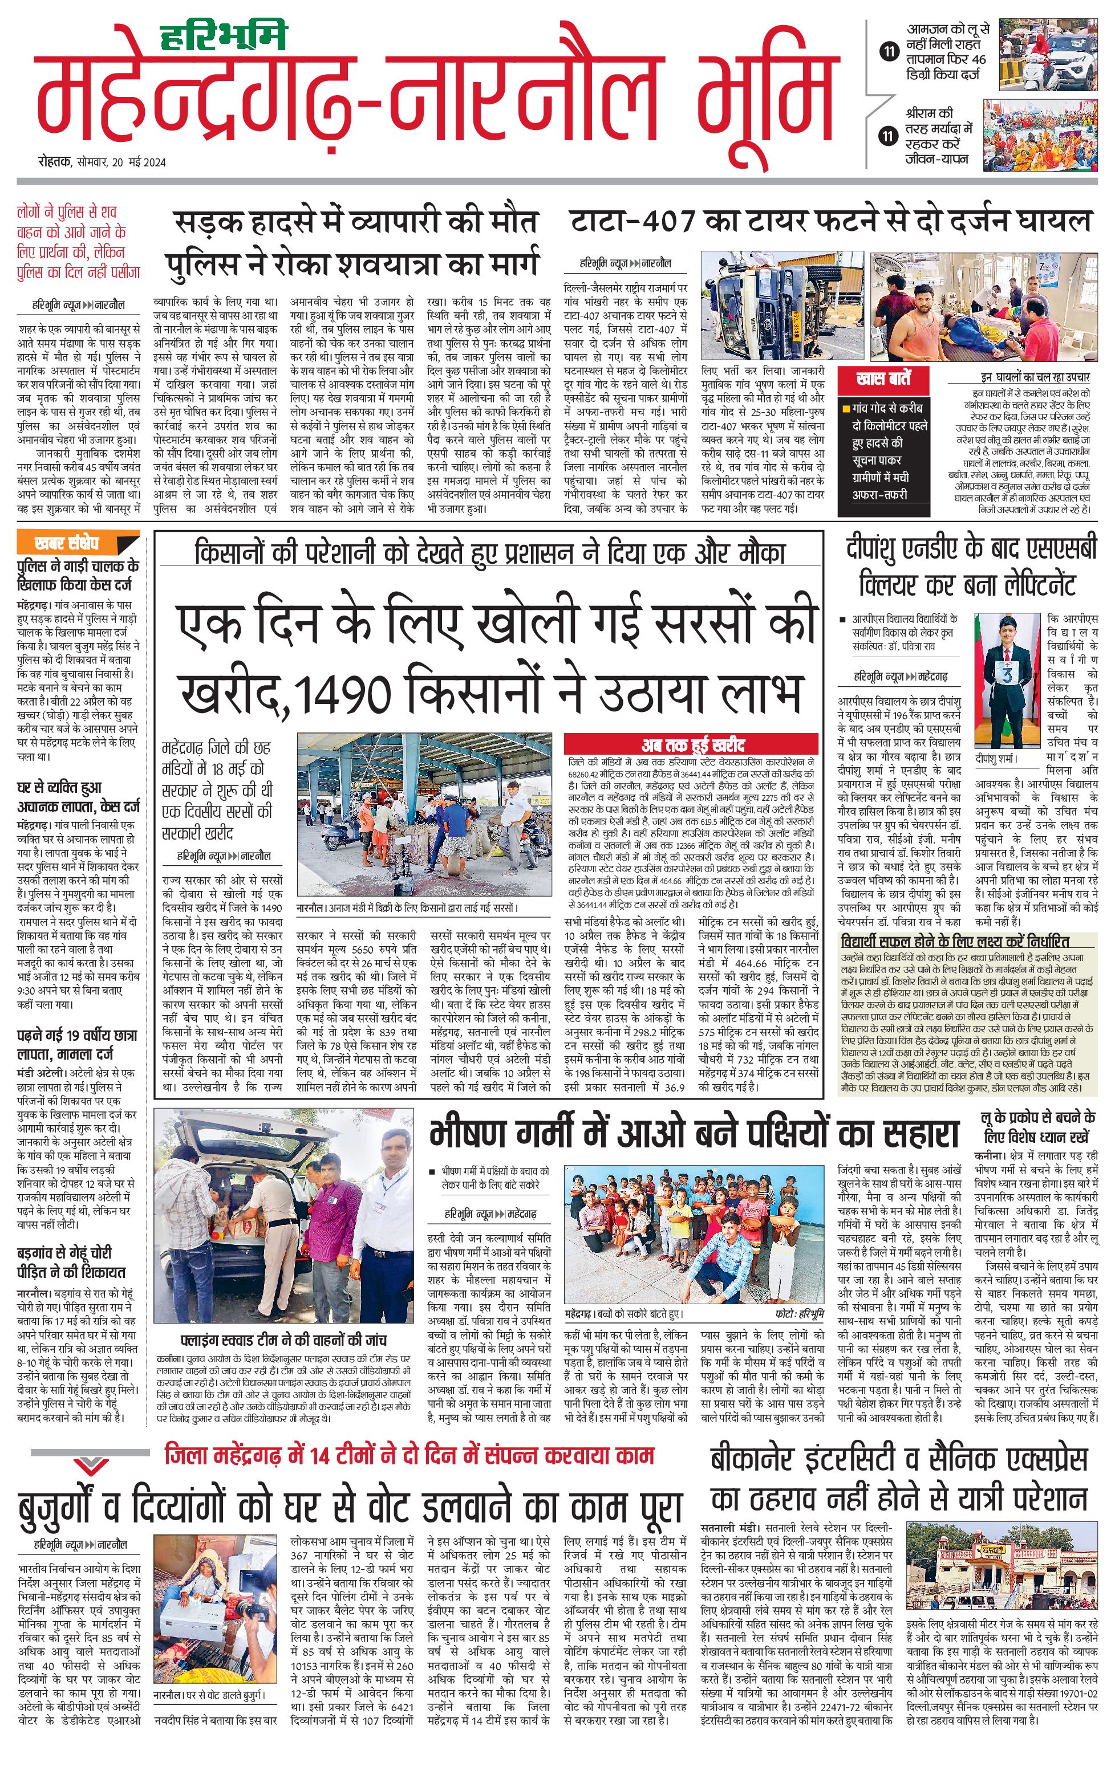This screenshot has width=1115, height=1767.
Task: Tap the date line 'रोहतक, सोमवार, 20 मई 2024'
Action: tap(102, 162)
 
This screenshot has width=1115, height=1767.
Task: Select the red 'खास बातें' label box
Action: tap(883, 380)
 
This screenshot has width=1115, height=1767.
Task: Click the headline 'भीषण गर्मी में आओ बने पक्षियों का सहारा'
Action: tap(694, 1134)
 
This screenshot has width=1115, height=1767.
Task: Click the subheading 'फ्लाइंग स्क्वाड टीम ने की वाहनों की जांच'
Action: tap(284, 1341)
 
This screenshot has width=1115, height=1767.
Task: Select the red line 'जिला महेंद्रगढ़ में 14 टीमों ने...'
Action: tap(409, 1455)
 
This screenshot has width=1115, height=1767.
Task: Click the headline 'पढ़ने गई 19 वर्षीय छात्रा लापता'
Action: tap(76, 1046)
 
